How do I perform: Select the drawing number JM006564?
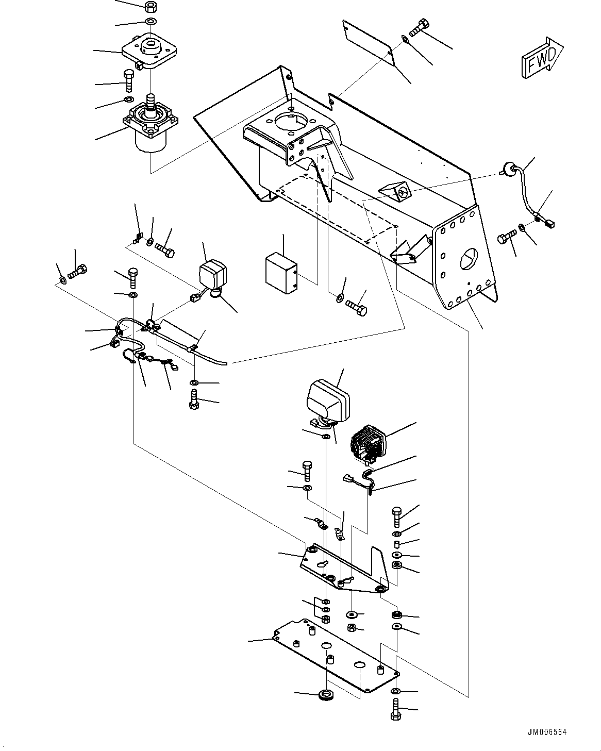(x=554, y=731)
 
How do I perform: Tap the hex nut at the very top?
(x=151, y=7)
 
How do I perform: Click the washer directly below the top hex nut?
(x=151, y=22)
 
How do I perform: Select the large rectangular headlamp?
(x=328, y=400)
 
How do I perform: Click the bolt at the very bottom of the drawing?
(x=395, y=710)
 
